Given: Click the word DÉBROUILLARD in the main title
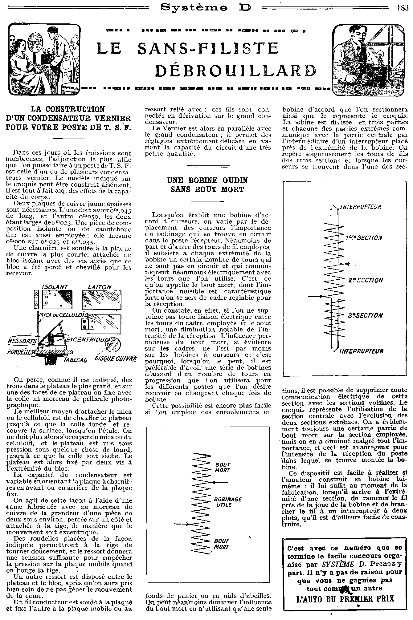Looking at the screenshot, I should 235,71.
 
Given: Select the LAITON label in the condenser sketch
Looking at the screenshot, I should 100,287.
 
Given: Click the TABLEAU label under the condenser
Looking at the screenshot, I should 75,360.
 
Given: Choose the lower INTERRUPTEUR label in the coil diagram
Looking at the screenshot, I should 361,351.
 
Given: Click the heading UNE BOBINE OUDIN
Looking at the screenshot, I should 207,180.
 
